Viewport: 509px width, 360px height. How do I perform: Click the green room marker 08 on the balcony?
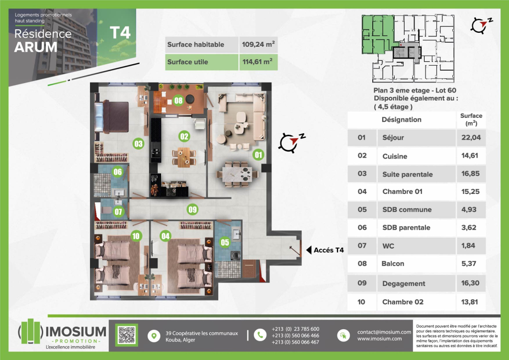(178, 100)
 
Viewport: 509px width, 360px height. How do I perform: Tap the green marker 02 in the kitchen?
(184, 136)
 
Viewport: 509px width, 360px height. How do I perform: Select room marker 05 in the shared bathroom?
(225, 242)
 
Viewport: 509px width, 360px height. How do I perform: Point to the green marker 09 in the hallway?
(192, 209)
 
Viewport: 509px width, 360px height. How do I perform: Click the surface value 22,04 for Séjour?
(471, 137)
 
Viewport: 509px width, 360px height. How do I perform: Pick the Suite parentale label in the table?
(408, 175)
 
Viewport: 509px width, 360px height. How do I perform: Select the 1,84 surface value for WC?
(468, 246)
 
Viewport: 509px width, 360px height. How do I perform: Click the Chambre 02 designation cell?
(403, 302)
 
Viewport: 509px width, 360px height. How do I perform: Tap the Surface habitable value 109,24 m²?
(258, 44)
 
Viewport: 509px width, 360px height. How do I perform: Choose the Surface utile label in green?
(187, 62)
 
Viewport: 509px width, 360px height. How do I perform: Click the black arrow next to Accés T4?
(309, 250)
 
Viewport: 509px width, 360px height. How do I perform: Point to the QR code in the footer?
(126, 335)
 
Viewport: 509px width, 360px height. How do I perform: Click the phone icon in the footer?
(260, 335)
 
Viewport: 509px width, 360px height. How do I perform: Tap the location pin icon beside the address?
(154, 336)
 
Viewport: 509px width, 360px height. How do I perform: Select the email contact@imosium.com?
(384, 332)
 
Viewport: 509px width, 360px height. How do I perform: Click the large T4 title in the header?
(120, 33)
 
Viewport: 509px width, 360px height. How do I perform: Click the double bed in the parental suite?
(111, 117)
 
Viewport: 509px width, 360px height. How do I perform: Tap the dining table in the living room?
(237, 175)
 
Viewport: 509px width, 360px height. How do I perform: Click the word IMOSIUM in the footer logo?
(76, 332)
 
